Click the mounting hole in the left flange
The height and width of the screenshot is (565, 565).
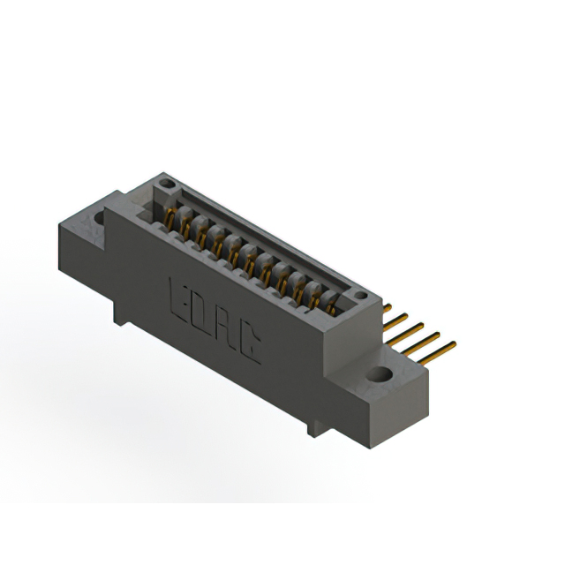[99, 218]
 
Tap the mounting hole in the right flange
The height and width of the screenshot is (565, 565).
[379, 374]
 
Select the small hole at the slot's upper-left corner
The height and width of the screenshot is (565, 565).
[167, 184]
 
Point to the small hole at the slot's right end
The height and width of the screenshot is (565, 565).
[361, 296]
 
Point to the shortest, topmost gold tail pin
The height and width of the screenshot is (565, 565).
[387, 308]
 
